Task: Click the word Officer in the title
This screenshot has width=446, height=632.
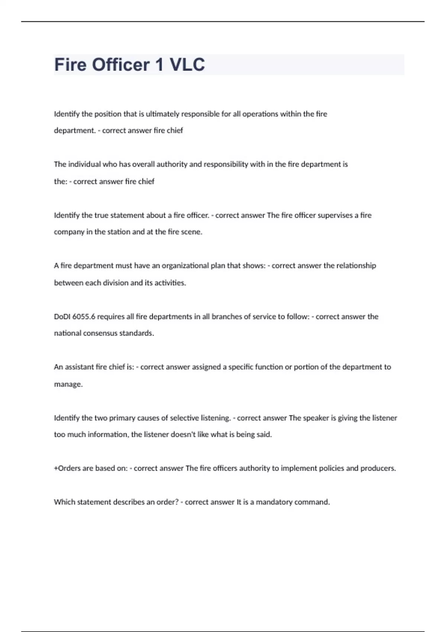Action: coord(121,65)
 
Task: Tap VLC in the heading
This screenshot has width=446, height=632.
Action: coord(187,65)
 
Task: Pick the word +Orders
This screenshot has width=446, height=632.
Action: coord(67,468)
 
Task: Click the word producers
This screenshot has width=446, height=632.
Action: coord(378,468)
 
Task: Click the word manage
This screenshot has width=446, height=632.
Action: coord(68,384)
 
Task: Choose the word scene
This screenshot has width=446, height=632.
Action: coord(192,232)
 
